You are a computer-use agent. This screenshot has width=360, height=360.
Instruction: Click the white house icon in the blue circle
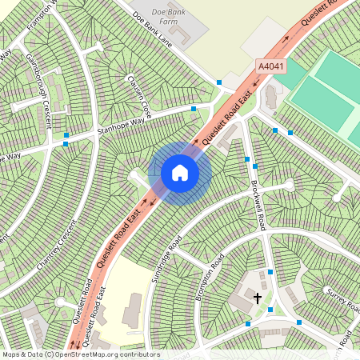coord(180,172)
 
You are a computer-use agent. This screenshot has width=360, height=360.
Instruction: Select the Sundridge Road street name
coord(166,258)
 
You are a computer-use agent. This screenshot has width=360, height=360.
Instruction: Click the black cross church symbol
coord(258,298)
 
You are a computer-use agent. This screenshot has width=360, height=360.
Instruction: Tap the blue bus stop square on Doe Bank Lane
coord(219,82)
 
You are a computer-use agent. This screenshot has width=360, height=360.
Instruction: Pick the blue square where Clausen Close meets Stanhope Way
coord(194,109)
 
